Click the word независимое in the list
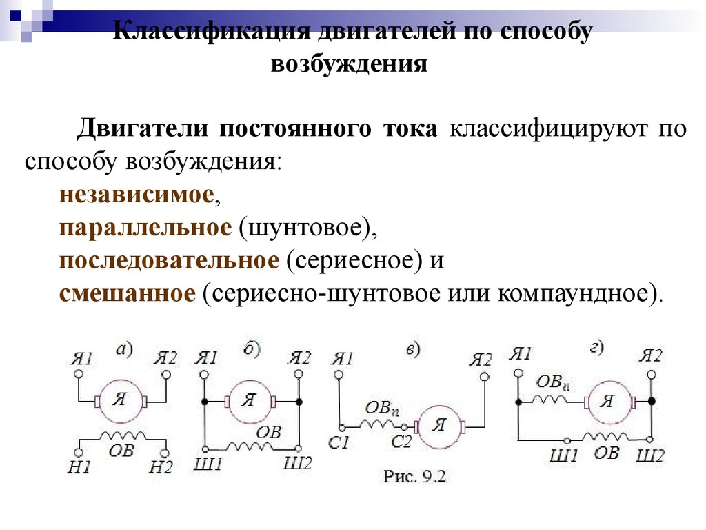[136, 195]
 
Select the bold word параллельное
[145, 228]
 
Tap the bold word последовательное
[169, 261]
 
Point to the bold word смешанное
[128, 293]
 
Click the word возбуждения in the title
[349, 64]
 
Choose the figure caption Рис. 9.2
[414, 477]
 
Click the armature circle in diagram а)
[121, 401]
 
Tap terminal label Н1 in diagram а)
[79, 467]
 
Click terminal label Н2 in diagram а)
[161, 467]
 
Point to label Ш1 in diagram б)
[208, 464]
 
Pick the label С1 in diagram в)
[339, 443]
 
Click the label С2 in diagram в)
[401, 442]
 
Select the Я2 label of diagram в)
[481, 360]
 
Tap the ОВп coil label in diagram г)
[553, 382]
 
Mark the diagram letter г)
[597, 348]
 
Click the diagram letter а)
[124, 349]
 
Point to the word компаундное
[574, 294]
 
